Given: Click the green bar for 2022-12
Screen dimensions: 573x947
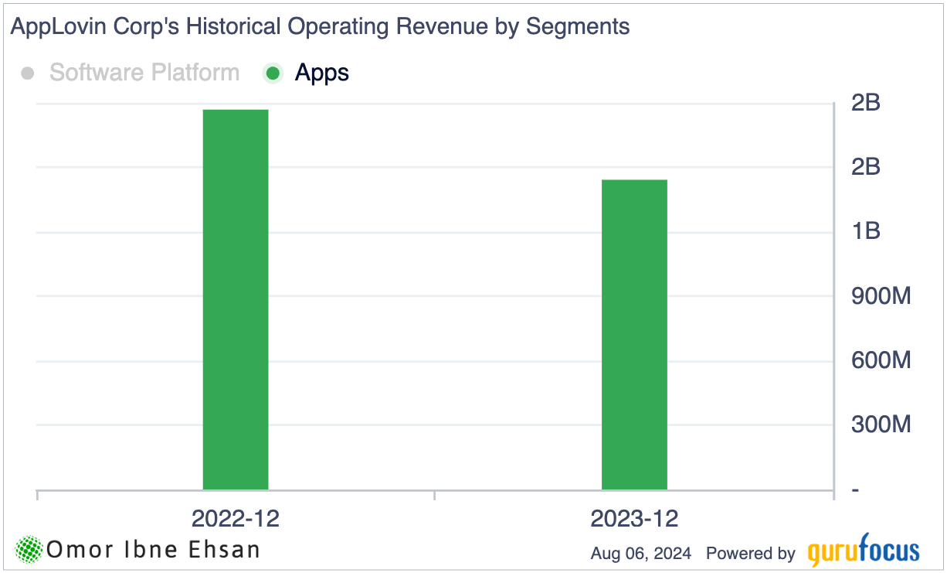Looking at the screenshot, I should [x=236, y=299].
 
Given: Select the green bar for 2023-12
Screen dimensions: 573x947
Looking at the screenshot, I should [x=634, y=334].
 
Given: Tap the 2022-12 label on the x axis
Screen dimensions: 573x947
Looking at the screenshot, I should [x=236, y=518].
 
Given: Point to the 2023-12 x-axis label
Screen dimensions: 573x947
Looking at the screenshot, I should [x=634, y=518].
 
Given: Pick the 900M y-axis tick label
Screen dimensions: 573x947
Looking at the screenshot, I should [x=881, y=296].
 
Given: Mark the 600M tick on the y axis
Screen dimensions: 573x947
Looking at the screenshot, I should [x=881, y=360].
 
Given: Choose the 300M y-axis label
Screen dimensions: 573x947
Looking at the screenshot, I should [x=881, y=425].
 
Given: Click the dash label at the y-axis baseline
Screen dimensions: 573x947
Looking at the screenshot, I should [x=854, y=490].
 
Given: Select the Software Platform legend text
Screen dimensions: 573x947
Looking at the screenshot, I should [x=144, y=73].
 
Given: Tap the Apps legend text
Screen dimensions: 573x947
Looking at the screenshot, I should [x=322, y=73].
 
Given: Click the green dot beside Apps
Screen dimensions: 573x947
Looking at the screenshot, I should [x=273, y=73].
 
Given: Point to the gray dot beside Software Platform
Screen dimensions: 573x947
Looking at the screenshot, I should [x=28, y=73].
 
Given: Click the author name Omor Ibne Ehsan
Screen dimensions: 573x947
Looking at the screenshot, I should [x=153, y=550].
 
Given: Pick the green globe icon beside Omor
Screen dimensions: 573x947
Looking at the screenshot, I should [x=29, y=550].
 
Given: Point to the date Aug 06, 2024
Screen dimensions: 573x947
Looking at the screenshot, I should [x=641, y=554].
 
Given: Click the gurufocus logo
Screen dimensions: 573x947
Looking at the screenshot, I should [x=864, y=552].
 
